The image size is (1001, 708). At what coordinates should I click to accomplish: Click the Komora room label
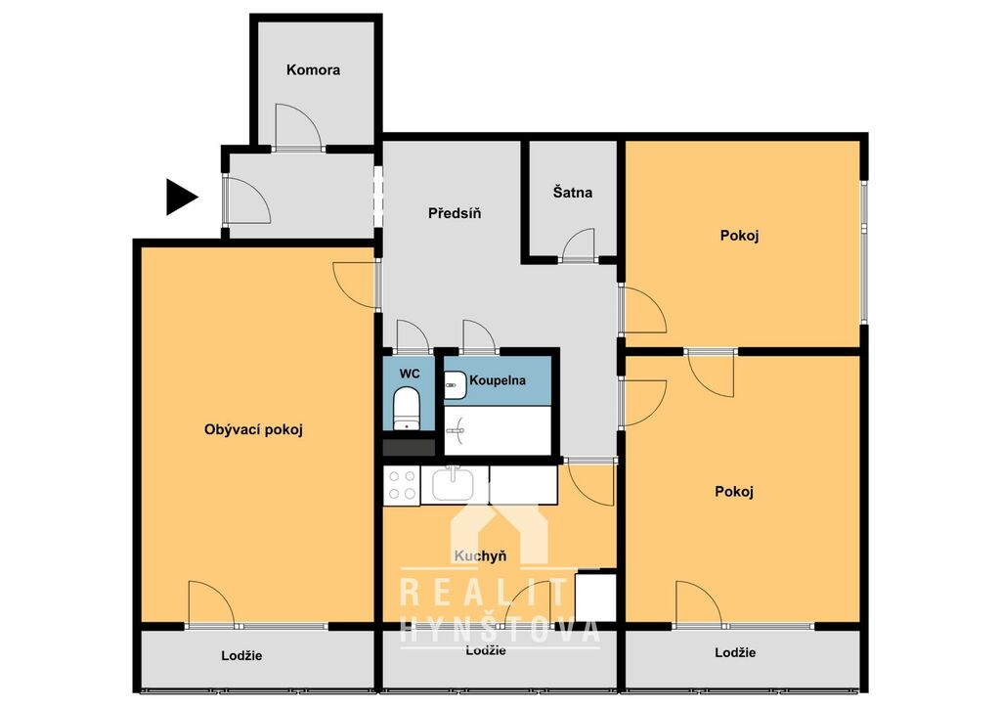[x=313, y=69]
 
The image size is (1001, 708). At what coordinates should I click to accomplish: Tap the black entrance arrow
[x=182, y=197]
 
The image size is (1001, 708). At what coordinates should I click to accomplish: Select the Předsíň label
[x=455, y=213]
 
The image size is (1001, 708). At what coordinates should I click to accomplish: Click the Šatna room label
[x=573, y=193]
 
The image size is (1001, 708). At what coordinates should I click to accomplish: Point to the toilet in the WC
[x=406, y=409]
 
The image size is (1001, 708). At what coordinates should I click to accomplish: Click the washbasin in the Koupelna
[x=455, y=385]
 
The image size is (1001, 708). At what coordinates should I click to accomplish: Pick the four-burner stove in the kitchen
[x=402, y=485]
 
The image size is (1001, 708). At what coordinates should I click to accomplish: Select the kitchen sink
[x=453, y=485]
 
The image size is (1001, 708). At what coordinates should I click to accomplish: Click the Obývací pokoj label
[x=253, y=429]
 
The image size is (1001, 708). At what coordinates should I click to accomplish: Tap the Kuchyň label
[x=480, y=556]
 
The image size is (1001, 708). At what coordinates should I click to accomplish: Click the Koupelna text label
[x=498, y=380]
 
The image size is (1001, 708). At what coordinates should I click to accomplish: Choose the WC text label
[x=410, y=374]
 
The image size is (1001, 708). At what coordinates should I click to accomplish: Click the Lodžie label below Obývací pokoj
[x=242, y=655]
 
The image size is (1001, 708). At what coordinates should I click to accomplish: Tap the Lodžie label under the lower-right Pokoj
[x=735, y=652]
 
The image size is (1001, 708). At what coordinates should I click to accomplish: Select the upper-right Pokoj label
[x=739, y=236]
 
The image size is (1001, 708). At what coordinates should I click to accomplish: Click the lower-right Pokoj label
[x=734, y=492]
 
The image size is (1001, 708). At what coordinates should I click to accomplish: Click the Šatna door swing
[x=579, y=244]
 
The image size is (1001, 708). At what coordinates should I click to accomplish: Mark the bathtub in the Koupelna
[x=498, y=431]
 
